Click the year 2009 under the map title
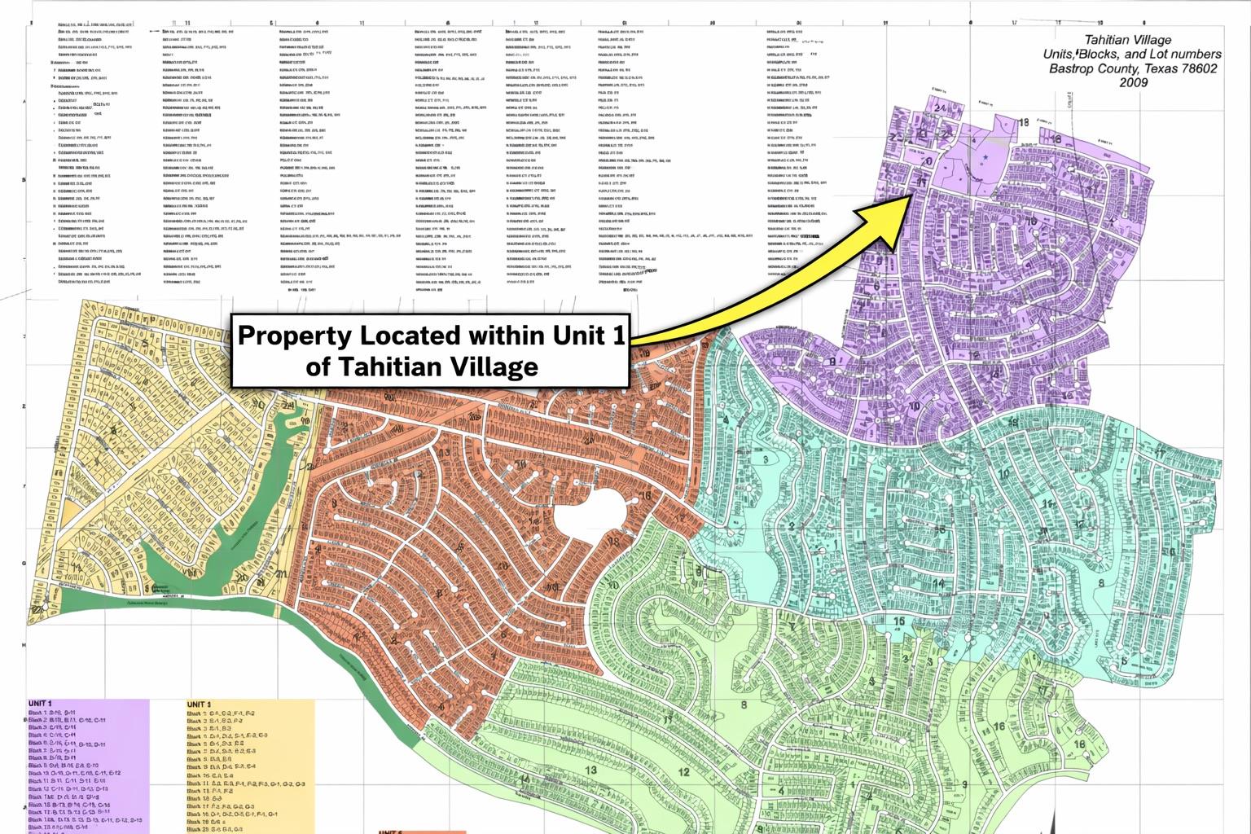[x=1133, y=82]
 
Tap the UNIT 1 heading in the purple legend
[x=40, y=703]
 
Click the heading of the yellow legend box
[x=199, y=705]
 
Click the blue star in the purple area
[x=985, y=156]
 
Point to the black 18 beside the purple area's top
[x=1024, y=122]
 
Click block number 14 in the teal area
[x=938, y=583]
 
